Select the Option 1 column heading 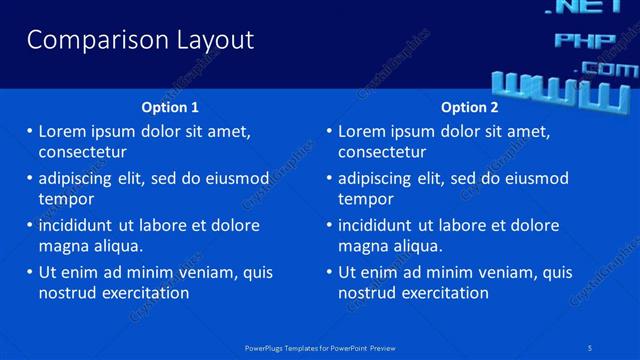(171, 107)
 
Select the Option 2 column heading (469, 107)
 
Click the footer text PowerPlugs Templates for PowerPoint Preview (320, 347)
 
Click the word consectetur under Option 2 (382, 152)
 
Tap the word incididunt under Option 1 (79, 225)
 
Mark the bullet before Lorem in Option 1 (29, 131)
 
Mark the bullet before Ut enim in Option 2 (329, 272)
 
